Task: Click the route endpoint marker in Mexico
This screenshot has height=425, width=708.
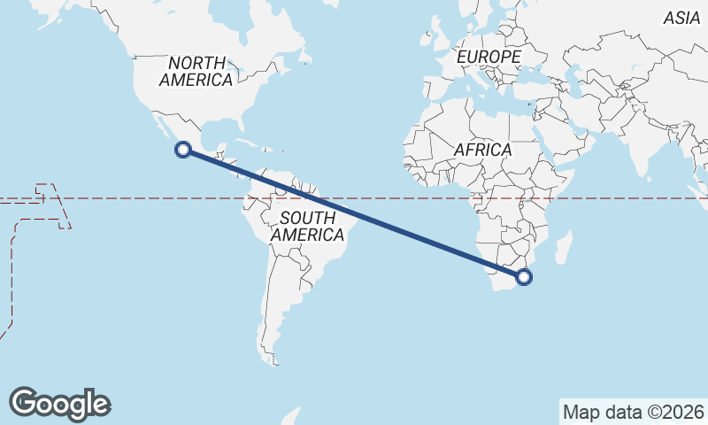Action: point(183,150)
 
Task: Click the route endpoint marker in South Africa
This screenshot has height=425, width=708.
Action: point(525,277)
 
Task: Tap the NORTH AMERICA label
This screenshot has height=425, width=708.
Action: point(196,71)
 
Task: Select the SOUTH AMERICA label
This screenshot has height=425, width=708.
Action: point(307,227)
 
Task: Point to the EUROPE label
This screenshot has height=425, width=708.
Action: point(489,58)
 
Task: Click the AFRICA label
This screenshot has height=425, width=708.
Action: point(483,150)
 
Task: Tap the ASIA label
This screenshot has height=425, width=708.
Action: point(681,18)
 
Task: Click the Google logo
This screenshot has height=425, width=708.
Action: point(59,404)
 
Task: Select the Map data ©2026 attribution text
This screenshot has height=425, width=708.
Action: point(634,412)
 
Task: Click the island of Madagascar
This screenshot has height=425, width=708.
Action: point(563,247)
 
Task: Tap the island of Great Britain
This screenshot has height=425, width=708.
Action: point(436,40)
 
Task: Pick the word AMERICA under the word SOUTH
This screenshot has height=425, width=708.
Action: point(307,236)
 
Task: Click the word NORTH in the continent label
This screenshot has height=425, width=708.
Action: point(196,63)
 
